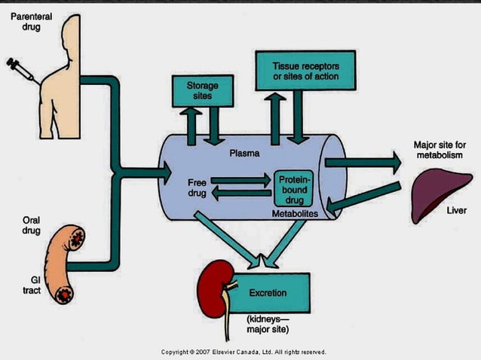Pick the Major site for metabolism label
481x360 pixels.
438,149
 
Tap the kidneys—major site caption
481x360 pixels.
268,325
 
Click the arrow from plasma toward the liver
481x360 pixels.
362,161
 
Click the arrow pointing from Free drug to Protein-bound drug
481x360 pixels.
240,181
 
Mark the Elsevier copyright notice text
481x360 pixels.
243,352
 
